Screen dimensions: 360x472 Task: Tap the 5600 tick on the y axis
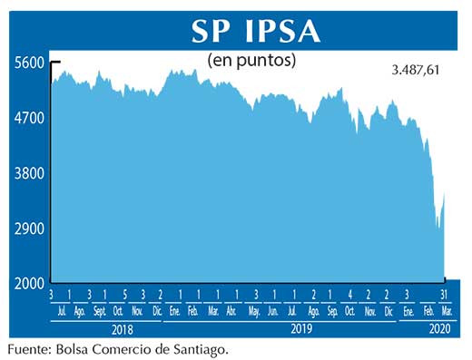(29, 63)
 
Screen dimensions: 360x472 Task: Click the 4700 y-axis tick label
(29, 118)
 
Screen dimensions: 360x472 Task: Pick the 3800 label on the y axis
(29, 173)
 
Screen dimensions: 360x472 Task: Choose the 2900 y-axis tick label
(29, 229)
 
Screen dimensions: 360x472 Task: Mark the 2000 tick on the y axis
(29, 284)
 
